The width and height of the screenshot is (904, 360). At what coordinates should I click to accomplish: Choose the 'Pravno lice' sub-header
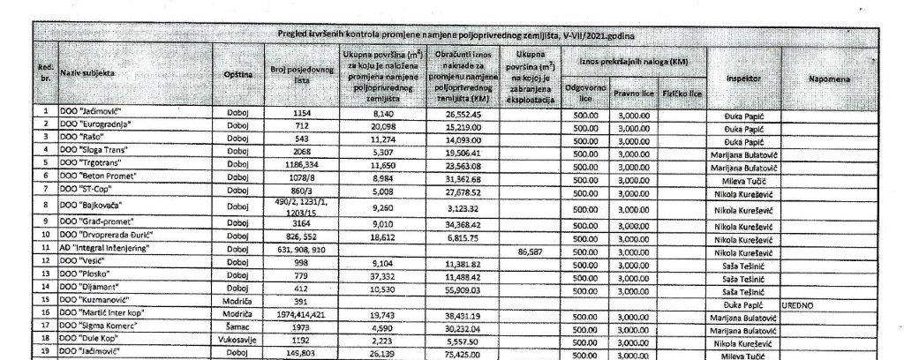pos(632,93)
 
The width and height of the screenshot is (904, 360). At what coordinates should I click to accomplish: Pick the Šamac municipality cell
pos(240,326)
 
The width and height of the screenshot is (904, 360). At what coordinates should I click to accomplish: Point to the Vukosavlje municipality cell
pos(240,339)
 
